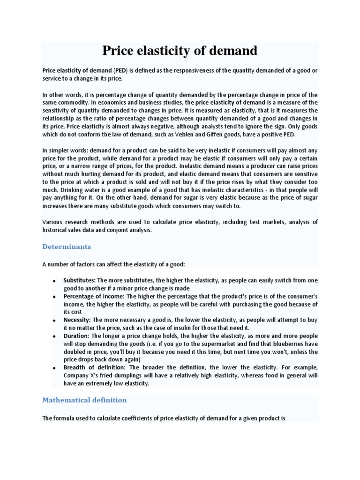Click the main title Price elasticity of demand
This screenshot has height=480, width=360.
(x=180, y=51)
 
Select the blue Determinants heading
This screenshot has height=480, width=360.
(x=67, y=247)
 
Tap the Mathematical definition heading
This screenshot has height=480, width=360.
(x=84, y=400)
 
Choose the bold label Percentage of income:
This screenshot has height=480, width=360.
(x=94, y=297)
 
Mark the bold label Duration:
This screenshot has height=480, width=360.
(x=76, y=336)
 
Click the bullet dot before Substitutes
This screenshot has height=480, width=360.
(x=54, y=281)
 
